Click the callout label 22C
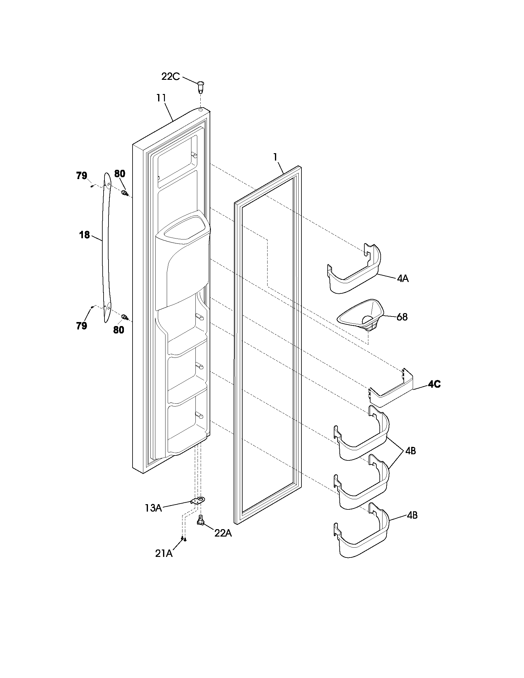point(170,76)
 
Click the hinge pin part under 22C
point(201,87)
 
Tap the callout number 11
point(161,98)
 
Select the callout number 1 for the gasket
point(275,157)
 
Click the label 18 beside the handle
point(84,235)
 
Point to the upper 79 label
point(82,176)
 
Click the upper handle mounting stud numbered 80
point(125,194)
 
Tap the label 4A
point(403,279)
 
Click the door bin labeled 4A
point(354,273)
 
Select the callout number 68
point(402,317)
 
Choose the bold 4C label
point(434,384)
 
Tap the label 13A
point(153,508)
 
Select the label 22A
point(223,533)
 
